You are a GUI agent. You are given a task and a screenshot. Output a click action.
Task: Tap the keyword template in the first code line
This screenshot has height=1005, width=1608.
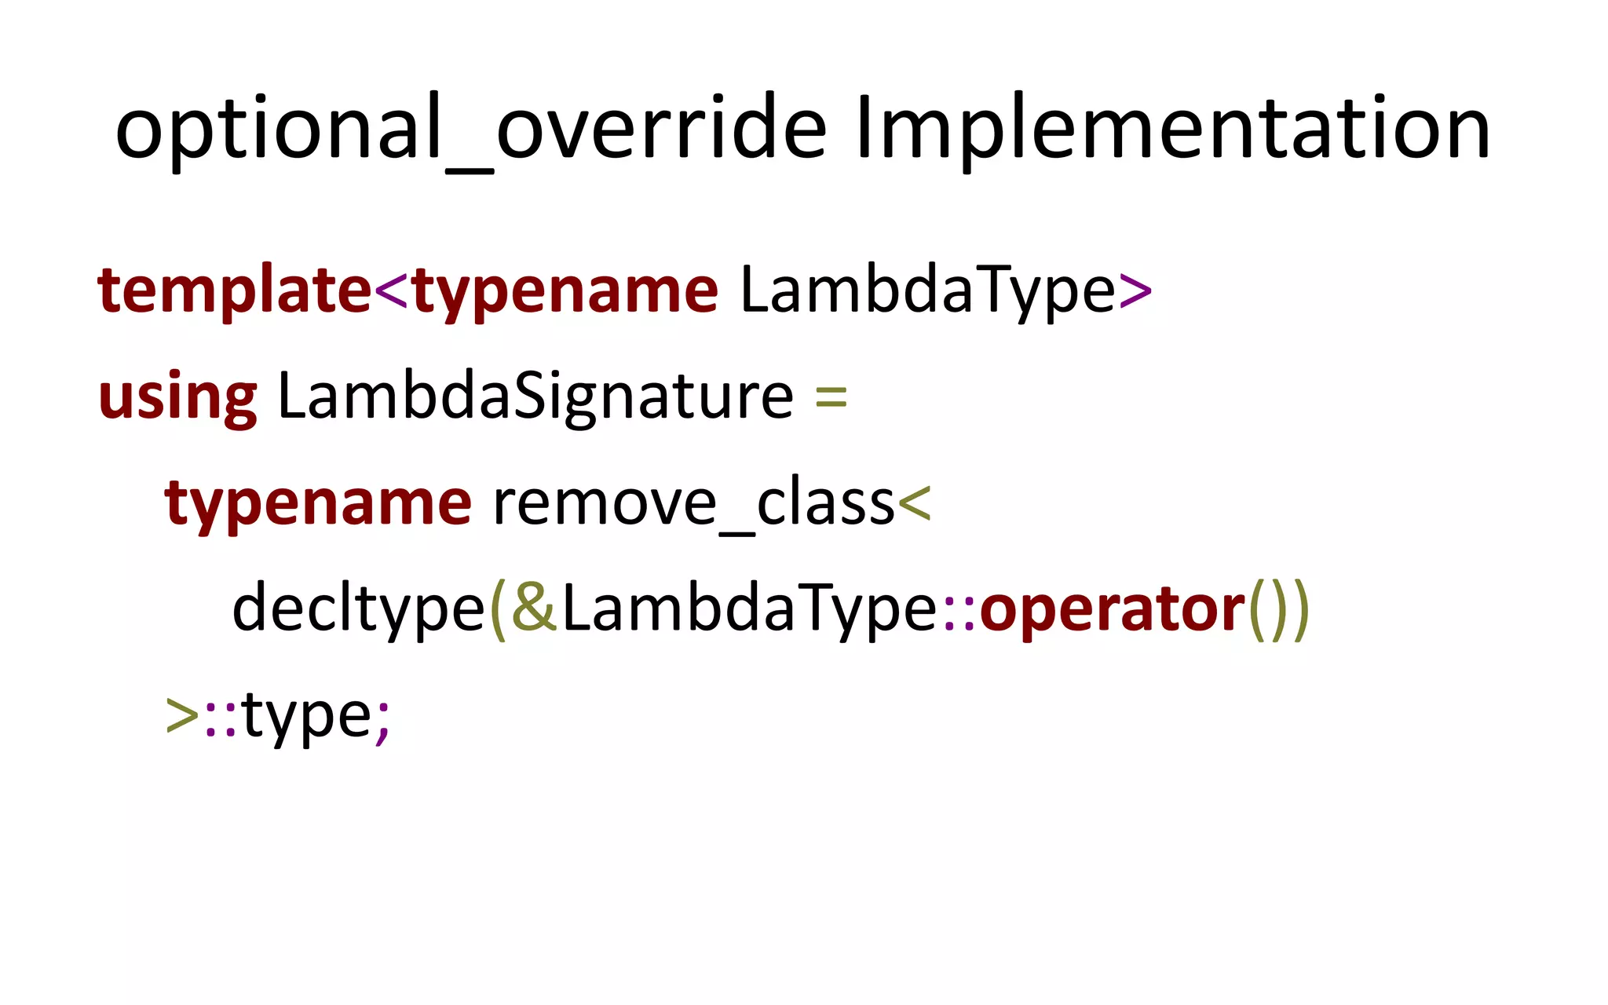[x=234, y=291]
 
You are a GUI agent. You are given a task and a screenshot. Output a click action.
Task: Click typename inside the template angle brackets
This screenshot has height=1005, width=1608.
[x=565, y=291]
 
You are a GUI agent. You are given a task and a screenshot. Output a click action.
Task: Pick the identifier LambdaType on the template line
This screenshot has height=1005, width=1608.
[x=927, y=291]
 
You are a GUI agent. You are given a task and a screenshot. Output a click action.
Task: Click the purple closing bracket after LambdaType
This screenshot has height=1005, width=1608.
[x=1135, y=291]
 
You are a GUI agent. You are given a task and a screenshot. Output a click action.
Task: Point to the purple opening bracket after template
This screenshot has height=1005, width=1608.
[x=391, y=291]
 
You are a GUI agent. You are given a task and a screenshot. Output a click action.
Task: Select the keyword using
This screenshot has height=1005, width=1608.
[x=177, y=397]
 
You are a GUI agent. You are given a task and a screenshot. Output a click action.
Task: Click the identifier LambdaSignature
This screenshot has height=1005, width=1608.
[x=535, y=397]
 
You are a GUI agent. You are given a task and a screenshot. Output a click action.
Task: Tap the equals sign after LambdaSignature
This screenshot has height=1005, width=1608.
[x=831, y=396]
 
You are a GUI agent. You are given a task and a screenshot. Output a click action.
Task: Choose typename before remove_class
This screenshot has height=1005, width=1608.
[x=318, y=503]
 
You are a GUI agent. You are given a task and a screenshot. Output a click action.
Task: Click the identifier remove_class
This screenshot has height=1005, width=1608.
[x=693, y=503]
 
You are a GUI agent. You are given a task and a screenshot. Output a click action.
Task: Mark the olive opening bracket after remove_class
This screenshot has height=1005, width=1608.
[x=914, y=503]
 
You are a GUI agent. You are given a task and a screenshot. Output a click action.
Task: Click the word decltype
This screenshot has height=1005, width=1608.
[x=359, y=609]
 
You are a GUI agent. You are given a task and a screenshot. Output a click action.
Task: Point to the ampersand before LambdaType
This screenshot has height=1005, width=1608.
[x=534, y=608]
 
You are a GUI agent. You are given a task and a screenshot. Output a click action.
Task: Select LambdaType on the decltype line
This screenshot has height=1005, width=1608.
[x=750, y=609]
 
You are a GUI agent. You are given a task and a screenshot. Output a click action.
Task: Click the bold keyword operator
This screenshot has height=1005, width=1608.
[x=1113, y=609]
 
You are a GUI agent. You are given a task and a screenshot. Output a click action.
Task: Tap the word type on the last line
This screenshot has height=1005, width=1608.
[x=307, y=716]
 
